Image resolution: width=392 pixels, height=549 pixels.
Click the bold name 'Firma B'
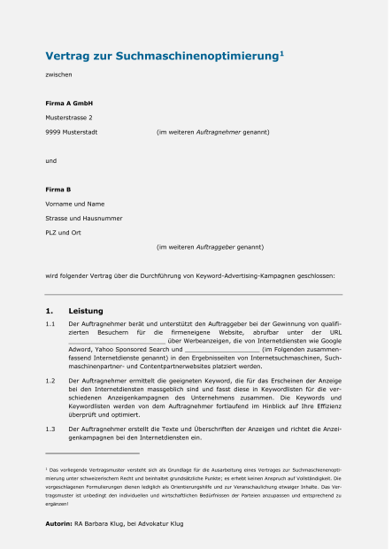click(x=58, y=189)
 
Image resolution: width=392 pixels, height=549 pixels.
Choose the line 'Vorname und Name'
click(x=74, y=204)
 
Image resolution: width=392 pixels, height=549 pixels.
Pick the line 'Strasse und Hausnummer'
click(x=84, y=218)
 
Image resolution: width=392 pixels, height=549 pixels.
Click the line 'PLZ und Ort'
click(x=65, y=232)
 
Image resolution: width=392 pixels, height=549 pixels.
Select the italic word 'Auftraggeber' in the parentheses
click(x=218, y=246)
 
